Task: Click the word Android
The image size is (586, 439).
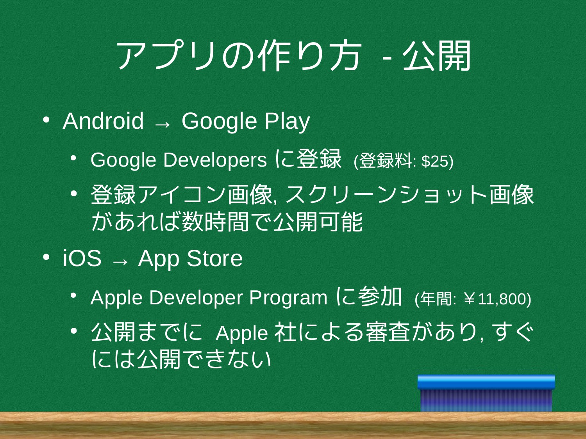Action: pos(103,121)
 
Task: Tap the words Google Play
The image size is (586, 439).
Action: pos(246,122)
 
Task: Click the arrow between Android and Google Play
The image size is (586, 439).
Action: pos(163,124)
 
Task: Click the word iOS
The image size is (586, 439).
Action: pos(82,258)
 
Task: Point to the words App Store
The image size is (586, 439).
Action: pos(190,258)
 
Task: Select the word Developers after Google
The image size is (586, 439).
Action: pos(215,160)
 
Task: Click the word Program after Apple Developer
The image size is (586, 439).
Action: pos(288,298)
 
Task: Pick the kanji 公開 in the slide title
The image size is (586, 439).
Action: pos(436,56)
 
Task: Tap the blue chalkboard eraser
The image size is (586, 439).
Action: pos(486,393)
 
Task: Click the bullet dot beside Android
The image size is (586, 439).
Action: pos(46,120)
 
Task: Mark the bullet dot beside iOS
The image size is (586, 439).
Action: pos(46,257)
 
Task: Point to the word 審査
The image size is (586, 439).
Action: pos(388,332)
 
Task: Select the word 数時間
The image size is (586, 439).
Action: pos(216,222)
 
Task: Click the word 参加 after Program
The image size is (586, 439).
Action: pos(380,297)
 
